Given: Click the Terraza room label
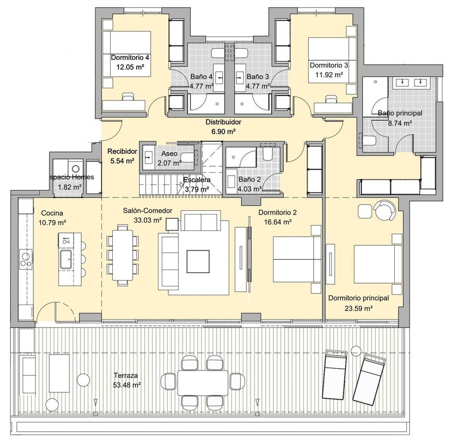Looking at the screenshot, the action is click(126, 375).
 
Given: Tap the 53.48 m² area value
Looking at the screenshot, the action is click(127, 385).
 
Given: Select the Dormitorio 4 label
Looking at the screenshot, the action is click(130, 58).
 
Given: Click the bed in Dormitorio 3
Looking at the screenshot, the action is click(332, 60).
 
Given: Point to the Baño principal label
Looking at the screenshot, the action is click(400, 113).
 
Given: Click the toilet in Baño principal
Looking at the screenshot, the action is click(368, 141).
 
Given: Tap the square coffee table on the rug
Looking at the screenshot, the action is click(198, 261).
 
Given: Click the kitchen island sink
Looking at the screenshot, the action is click(66, 259).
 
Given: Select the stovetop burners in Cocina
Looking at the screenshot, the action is click(26, 259).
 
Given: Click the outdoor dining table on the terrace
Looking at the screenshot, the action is click(203, 382).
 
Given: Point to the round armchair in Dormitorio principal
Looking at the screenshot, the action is click(385, 210).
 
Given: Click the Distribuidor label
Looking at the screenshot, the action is click(223, 122).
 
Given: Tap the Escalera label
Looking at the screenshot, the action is click(197, 180).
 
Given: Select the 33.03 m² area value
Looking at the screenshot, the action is click(147, 220).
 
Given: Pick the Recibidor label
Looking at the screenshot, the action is click(122, 151).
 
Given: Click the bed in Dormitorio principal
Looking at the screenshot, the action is click(378, 264).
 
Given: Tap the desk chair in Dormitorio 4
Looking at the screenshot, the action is click(127, 96).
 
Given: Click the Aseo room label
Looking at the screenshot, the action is click(169, 154).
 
